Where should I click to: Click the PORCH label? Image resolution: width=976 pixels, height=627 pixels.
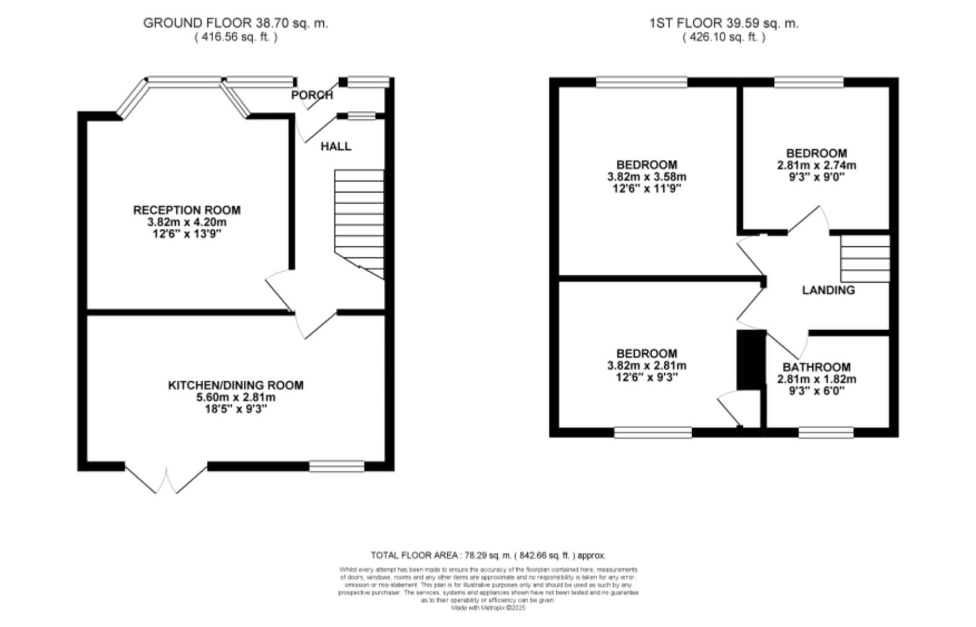point(312,95)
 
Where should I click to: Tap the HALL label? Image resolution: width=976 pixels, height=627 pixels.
point(336,146)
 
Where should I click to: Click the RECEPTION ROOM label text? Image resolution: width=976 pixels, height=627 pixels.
point(186,210)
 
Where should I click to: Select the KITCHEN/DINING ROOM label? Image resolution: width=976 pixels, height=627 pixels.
point(235,385)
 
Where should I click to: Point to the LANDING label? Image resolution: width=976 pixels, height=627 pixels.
point(828,290)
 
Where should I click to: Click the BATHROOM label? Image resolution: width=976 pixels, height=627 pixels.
point(816,367)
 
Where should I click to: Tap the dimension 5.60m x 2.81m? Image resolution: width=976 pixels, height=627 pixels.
point(236,398)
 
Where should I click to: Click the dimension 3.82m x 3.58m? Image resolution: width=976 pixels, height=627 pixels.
point(646,177)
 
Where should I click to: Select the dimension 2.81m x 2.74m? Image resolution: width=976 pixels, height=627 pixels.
point(816,165)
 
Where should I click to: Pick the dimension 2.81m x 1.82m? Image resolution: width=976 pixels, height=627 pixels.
point(816,380)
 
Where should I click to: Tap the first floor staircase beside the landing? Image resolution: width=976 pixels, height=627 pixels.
point(865,258)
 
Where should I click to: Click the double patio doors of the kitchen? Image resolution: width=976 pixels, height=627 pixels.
point(166,477)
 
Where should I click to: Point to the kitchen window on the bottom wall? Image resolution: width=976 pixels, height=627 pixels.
point(337,466)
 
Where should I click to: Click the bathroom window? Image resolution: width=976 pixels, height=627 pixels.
point(826,433)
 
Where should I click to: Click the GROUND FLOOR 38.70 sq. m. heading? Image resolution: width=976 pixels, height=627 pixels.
point(235,23)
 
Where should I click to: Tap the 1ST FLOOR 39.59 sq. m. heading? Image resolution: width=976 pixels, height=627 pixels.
point(723,23)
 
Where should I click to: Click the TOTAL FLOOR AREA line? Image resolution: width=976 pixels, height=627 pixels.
point(488,556)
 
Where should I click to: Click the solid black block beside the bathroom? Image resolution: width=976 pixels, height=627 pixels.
point(751,359)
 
